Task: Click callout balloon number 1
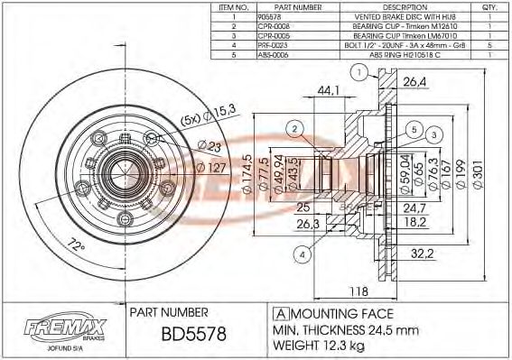[x=359, y=73]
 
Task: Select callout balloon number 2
[x=295, y=130]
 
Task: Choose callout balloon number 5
[x=414, y=130]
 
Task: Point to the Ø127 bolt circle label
[x=211, y=167]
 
